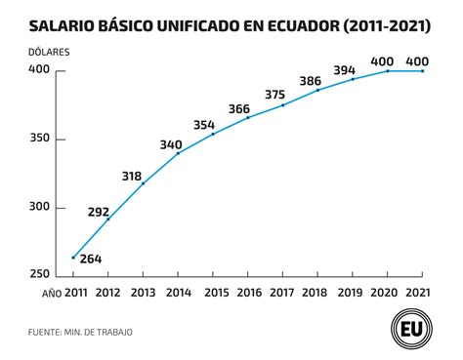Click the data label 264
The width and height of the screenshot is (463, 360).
[91, 260]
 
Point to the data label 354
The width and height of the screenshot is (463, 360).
[203, 125]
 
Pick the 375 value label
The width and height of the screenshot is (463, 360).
[274, 96]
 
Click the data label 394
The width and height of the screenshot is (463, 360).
[343, 70]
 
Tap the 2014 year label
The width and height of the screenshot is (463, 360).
[179, 292]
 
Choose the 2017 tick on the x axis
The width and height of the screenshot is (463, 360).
[283, 292]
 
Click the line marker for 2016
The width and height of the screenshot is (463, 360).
[248, 117]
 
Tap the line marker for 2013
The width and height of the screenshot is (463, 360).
[144, 182]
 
